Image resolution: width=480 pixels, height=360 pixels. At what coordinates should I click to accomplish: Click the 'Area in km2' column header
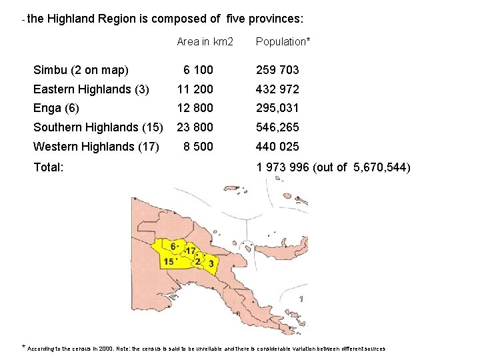pyautogui.click(x=205, y=42)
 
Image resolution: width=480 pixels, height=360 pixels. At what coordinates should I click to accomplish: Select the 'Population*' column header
pyautogui.click(x=283, y=42)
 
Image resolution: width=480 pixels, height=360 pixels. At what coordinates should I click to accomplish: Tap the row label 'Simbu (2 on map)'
pyautogui.click(x=81, y=70)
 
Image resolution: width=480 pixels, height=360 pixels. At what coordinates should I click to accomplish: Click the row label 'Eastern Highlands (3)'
pyautogui.click(x=91, y=89)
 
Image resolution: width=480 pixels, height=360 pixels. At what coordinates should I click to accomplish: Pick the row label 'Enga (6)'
pyautogui.click(x=56, y=108)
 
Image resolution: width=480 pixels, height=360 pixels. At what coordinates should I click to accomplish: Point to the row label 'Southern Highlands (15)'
pyautogui.click(x=98, y=127)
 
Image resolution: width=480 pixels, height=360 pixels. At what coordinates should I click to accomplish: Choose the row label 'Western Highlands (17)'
pyautogui.click(x=95, y=147)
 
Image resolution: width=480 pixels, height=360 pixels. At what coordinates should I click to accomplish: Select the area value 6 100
pyautogui.click(x=199, y=70)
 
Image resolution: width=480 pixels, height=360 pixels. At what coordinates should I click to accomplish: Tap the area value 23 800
pyautogui.click(x=195, y=127)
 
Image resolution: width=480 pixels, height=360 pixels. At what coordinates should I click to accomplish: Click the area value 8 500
pyautogui.click(x=199, y=147)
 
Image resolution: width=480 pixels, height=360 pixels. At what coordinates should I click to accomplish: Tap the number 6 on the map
pyautogui.click(x=173, y=247)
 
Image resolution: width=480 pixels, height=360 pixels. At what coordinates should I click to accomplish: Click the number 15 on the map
pyautogui.click(x=169, y=262)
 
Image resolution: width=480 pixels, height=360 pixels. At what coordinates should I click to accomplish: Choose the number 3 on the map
pyautogui.click(x=211, y=263)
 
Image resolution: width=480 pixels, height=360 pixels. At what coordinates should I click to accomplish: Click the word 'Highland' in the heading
pyautogui.click(x=70, y=19)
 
